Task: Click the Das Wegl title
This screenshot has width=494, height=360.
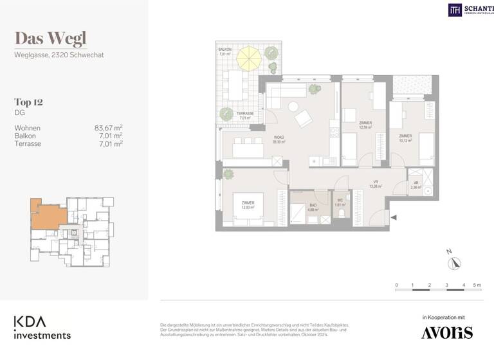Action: pyautogui.click(x=50, y=39)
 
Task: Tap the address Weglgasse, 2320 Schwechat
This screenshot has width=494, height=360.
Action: pyautogui.click(x=59, y=55)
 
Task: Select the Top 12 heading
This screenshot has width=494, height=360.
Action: pyautogui.click(x=28, y=102)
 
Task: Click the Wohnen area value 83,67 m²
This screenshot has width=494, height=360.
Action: pyautogui.click(x=108, y=128)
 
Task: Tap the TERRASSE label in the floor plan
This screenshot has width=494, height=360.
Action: pyautogui.click(x=244, y=114)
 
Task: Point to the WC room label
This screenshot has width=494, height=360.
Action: pyautogui.click(x=340, y=201)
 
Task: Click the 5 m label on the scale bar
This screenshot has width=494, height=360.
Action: pyautogui.click(x=477, y=284)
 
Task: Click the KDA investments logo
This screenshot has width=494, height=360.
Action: pyautogui.click(x=42, y=327)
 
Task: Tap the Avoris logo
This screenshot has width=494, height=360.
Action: pyautogui.click(x=446, y=332)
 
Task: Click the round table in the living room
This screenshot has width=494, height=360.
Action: pyautogui.click(x=293, y=107)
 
